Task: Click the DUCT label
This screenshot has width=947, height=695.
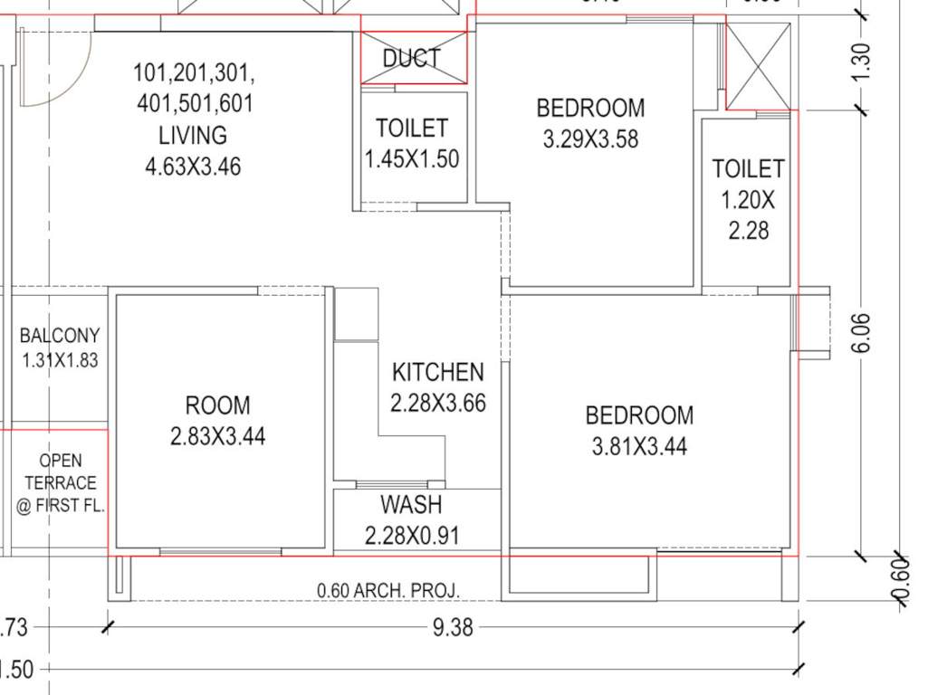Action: tap(412, 59)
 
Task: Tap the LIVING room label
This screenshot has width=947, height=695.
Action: tap(193, 136)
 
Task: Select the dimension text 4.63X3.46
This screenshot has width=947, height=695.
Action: tap(193, 167)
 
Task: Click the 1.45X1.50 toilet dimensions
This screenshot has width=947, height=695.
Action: tap(412, 159)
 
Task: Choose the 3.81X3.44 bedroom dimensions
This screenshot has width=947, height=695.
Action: tap(639, 446)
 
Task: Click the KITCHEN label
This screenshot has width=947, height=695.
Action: tap(438, 372)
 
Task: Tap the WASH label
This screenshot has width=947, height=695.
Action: tap(411, 504)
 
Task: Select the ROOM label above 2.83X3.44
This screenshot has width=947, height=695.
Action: tap(217, 405)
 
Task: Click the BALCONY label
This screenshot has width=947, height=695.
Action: tap(60, 336)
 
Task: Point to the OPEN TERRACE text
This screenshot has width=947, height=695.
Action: tap(61, 483)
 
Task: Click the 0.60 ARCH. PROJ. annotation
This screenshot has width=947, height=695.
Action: tap(388, 591)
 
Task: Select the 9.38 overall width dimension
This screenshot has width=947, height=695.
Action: tap(453, 627)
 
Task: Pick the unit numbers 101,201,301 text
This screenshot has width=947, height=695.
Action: tap(194, 72)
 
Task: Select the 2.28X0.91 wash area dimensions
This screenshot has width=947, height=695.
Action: tap(412, 535)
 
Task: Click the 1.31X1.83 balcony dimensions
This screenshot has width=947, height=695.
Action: tap(60, 360)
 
